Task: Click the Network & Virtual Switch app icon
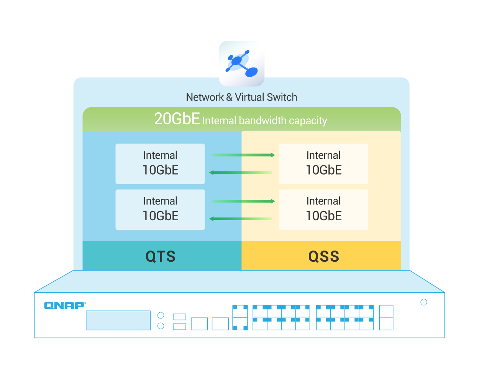pyautogui.click(x=241, y=64)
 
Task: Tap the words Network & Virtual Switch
pyautogui.click(x=241, y=97)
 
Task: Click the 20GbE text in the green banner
pyautogui.click(x=177, y=119)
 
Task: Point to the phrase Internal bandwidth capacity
pyautogui.click(x=264, y=121)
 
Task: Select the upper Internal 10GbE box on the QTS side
pyautogui.click(x=160, y=164)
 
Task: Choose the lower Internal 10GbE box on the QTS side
pyautogui.click(x=160, y=209)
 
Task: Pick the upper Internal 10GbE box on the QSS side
pyautogui.click(x=323, y=164)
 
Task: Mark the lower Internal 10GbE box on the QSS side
pyautogui.click(x=323, y=209)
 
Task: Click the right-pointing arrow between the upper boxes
pyautogui.click(x=243, y=155)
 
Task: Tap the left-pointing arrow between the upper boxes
pyautogui.click(x=241, y=173)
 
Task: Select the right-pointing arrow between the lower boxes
pyautogui.click(x=243, y=201)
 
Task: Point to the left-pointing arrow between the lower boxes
pyautogui.click(x=241, y=219)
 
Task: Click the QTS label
pyautogui.click(x=161, y=256)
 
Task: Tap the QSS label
pyautogui.click(x=324, y=256)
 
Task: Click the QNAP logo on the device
pyautogui.click(x=64, y=305)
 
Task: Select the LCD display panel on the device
pyautogui.click(x=118, y=320)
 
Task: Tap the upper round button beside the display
pyautogui.click(x=161, y=315)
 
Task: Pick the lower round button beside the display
pyautogui.click(x=161, y=326)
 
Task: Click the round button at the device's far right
pyautogui.click(x=424, y=302)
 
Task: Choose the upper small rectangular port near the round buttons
pyautogui.click(x=179, y=317)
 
